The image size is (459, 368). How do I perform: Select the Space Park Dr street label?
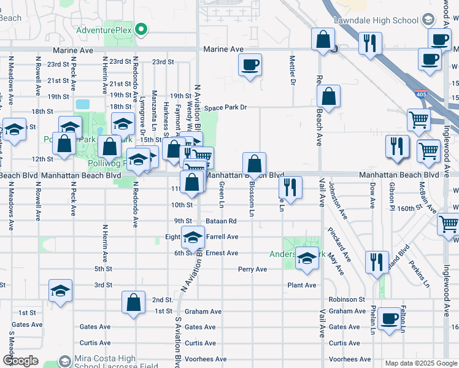[225, 107]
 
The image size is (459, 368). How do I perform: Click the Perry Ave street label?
[252, 269]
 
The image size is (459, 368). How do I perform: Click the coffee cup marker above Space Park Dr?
[250, 65]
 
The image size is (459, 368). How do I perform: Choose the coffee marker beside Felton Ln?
[389, 319]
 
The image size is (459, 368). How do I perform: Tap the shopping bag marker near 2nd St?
[133, 302]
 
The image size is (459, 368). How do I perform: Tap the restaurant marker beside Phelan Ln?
[377, 262]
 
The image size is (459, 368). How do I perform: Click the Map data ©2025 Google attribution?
[421, 363]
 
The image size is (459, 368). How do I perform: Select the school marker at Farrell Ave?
[193, 238]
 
